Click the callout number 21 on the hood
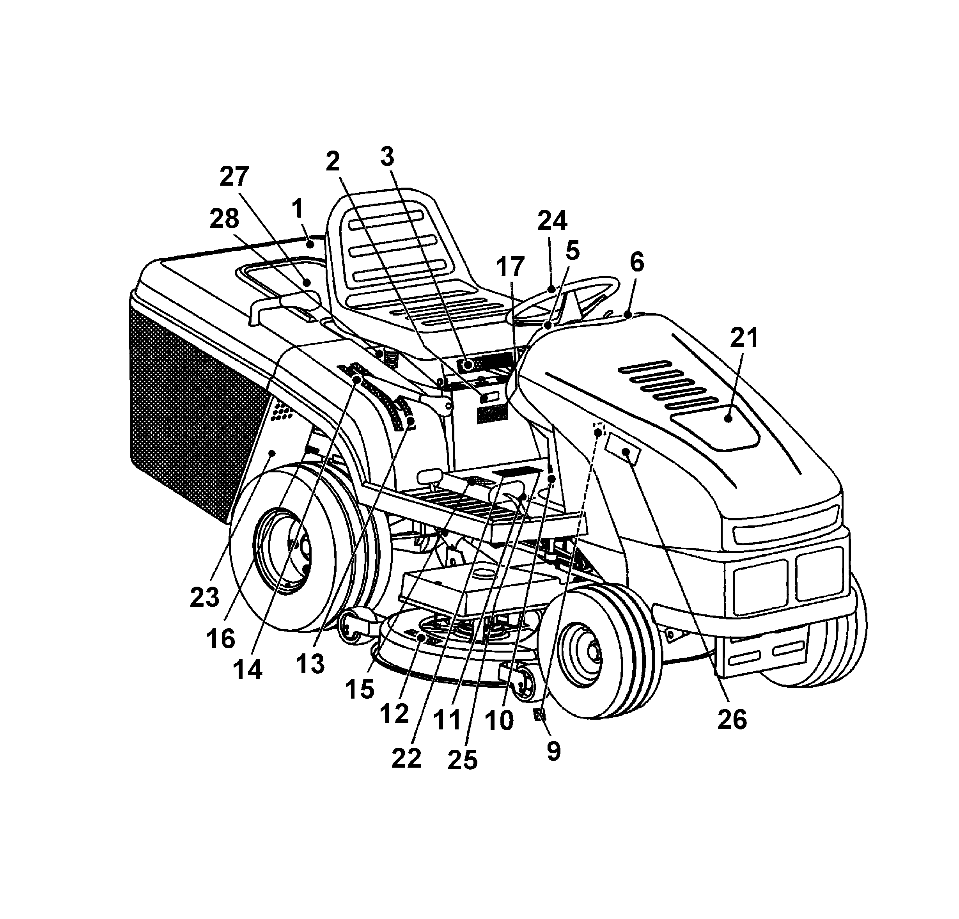point(744,338)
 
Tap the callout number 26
point(732,719)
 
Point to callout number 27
point(234,177)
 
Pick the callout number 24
point(552,221)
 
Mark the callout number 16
point(221,638)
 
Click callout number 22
point(406,759)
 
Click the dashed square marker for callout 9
point(598,431)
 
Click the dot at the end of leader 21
point(728,419)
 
